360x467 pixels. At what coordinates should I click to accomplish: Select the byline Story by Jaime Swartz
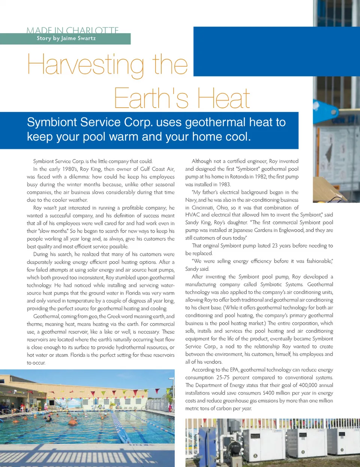(66, 38)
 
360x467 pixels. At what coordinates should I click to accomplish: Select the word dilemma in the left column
(76, 177)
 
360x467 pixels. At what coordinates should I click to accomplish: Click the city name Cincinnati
(202, 208)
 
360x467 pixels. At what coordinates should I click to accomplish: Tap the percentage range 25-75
(223, 378)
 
